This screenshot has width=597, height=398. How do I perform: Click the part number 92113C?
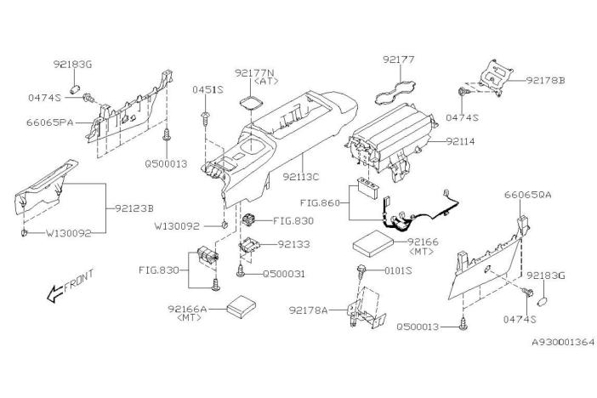pos(301,177)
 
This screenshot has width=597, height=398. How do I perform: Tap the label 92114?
pos(461,142)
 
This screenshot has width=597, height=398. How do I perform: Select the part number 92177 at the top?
pos(399,60)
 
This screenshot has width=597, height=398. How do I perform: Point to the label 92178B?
pos(546,81)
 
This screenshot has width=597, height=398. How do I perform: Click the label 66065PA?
pos(50,122)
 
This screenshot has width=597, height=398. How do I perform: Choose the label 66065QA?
pos(528,195)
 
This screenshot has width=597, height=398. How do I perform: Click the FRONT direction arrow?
pos(54,293)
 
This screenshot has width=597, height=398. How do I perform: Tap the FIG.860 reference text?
pos(320,203)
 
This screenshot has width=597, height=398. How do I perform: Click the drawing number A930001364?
pos(563,342)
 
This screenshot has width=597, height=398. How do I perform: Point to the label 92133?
pos(293,244)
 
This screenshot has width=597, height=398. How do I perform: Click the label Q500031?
pos(284,274)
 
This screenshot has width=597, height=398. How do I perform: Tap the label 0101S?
pos(398,270)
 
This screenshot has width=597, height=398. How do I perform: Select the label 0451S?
pos(208,90)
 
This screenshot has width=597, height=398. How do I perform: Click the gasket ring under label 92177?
pos(395,93)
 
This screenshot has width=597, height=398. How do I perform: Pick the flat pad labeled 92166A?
pos(242,306)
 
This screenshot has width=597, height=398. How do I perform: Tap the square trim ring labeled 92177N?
pos(252,102)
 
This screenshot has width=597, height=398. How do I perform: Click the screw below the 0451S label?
pos(206,118)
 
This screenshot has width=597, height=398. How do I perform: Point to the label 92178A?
pos(309,310)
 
